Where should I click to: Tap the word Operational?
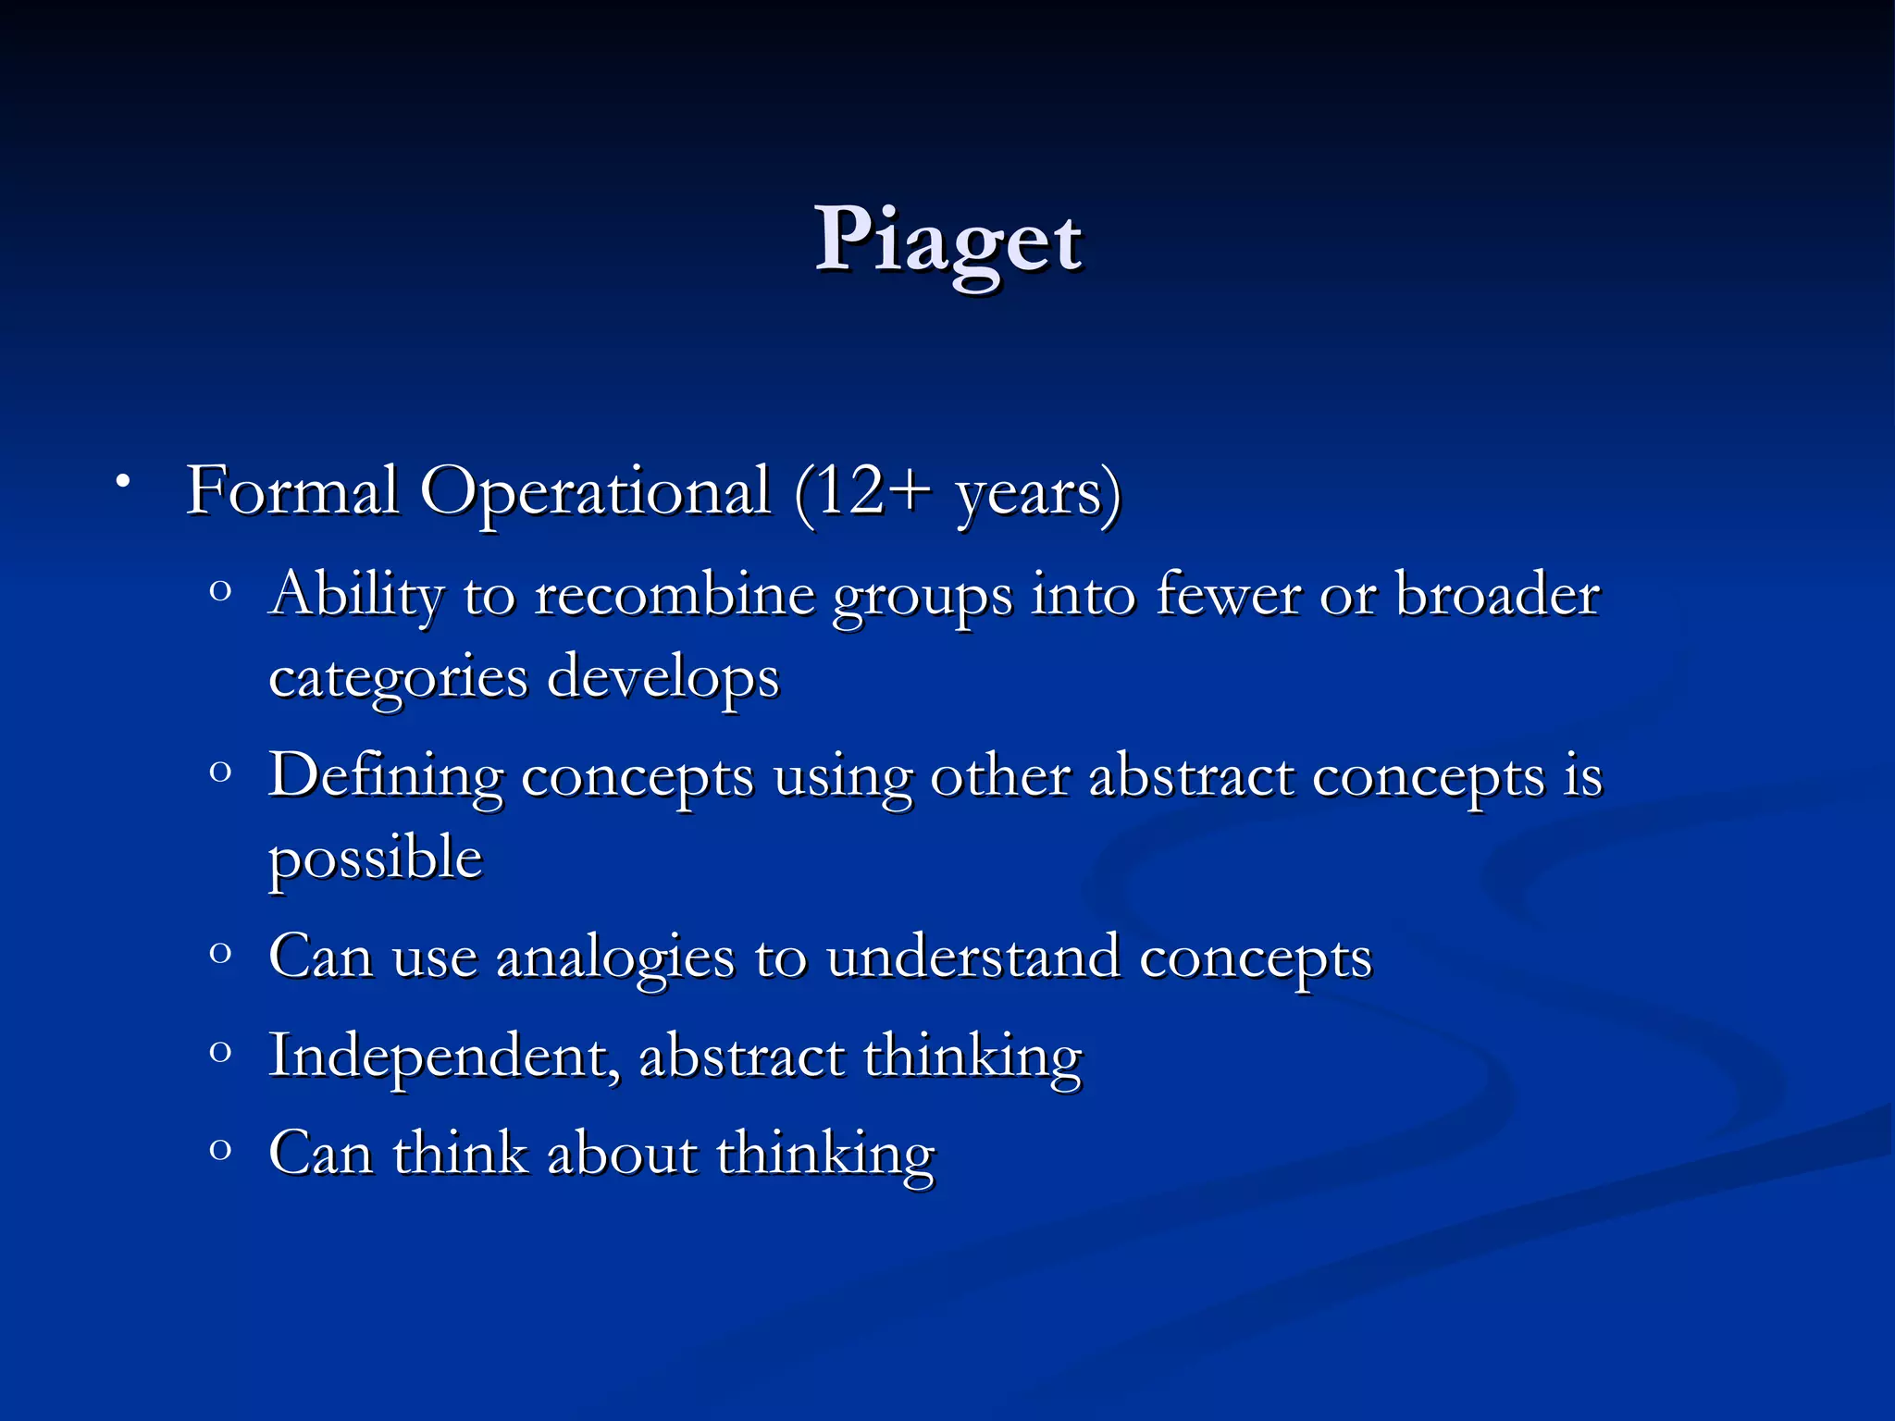pos(595,492)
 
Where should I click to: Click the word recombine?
pos(675,594)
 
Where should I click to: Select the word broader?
pos(1496,594)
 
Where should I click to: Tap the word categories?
pos(398,678)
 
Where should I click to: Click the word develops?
pos(663,678)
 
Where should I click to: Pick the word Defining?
pos(386,775)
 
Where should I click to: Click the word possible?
pos(376,859)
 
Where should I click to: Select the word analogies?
pos(615,958)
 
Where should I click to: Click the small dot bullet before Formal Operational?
pos(122,481)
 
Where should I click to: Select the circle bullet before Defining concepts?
pos(220,771)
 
